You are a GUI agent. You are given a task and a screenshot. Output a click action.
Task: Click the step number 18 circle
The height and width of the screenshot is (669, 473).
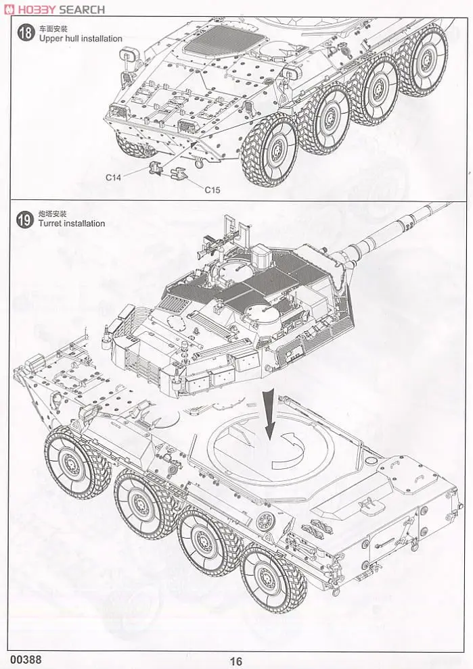tap(25, 33)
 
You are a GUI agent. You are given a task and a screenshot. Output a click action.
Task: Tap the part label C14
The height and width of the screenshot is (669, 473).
tap(113, 177)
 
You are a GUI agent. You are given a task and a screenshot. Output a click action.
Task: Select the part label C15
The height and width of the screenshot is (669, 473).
tap(212, 190)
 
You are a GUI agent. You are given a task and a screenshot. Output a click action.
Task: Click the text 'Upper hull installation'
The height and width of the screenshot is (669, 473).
tap(81, 39)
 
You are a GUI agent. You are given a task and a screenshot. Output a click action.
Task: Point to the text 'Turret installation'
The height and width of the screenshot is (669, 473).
tap(72, 224)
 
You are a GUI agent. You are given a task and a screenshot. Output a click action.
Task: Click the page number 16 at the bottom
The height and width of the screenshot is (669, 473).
tap(235, 662)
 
